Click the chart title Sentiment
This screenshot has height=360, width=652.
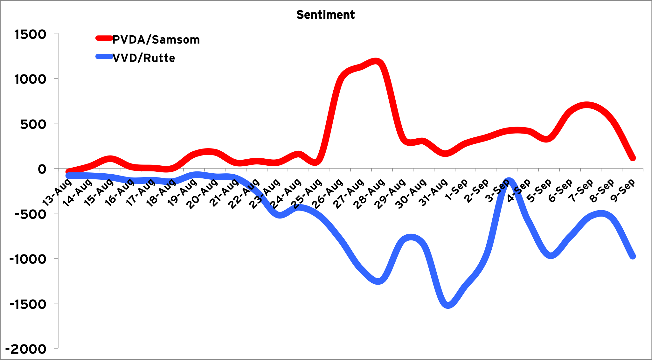tap(325, 15)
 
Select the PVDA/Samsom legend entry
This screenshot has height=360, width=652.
tap(156, 40)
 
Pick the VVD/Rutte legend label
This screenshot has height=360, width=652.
tap(144, 58)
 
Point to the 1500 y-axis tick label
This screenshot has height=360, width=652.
tap(31, 34)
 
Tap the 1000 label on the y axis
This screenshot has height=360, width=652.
tap(31, 79)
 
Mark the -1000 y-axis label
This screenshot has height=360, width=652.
tap(28, 259)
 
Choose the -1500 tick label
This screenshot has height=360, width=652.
tap(28, 304)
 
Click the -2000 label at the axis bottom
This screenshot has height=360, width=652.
tap(28, 349)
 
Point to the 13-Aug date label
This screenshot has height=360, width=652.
tap(57, 192)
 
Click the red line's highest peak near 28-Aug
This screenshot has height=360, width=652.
tap(376, 61)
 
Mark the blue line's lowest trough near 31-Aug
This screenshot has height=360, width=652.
tap(448, 305)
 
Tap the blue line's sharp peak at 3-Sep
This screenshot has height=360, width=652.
tap(509, 181)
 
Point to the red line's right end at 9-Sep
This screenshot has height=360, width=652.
tap(633, 158)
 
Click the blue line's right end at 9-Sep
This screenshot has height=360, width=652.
tap(633, 256)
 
